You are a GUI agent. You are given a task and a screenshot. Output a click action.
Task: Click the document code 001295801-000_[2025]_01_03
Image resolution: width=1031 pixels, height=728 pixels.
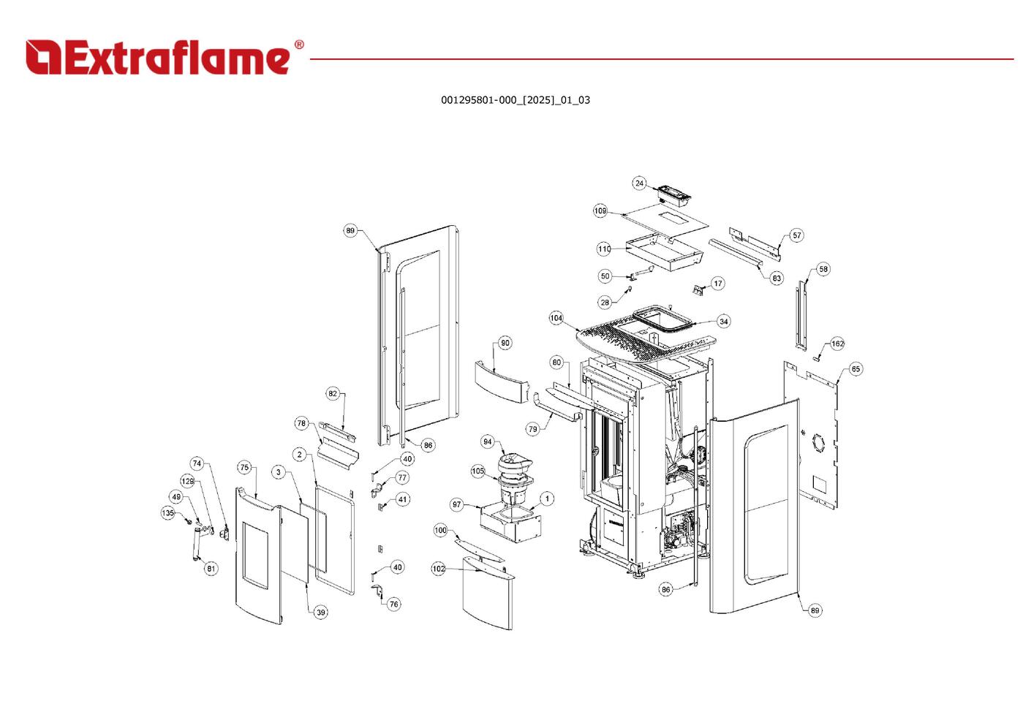[515, 100]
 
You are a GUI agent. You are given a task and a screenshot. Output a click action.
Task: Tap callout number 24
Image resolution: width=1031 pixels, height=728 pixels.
[639, 183]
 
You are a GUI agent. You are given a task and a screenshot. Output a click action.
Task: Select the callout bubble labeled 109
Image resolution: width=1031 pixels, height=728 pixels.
[600, 211]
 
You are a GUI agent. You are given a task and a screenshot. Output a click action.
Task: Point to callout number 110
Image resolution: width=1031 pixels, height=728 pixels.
[604, 249]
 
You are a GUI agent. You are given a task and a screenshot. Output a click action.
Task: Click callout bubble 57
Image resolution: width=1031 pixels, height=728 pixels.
[796, 235]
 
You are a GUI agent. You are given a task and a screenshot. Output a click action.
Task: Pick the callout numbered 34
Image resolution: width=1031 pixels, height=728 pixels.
[723, 322]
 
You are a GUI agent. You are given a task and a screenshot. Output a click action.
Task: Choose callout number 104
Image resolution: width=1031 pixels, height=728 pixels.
[556, 319]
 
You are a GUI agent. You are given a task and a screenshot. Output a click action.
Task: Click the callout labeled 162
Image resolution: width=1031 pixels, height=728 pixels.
[837, 344]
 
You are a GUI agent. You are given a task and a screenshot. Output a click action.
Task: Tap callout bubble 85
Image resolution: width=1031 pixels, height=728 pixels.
[856, 369]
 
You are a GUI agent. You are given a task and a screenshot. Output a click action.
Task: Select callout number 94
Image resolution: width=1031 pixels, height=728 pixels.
[488, 442]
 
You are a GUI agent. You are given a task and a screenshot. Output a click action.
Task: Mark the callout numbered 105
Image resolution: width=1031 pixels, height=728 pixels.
[477, 471]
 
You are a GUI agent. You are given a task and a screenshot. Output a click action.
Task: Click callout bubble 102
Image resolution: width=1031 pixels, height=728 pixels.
[439, 569]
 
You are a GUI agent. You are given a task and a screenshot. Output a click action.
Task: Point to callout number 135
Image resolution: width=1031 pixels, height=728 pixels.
[168, 514]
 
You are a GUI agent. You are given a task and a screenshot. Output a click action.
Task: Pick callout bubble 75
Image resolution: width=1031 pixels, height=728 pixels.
[245, 468]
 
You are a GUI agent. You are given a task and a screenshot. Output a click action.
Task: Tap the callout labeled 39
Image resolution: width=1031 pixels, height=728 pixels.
[321, 613]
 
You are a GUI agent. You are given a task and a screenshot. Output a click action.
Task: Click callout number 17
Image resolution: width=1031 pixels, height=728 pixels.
[717, 284]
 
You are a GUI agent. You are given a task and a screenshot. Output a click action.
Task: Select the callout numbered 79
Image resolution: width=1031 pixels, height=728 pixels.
[533, 429]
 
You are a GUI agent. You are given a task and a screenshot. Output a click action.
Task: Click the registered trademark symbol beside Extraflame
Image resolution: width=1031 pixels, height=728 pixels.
[299, 45]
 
